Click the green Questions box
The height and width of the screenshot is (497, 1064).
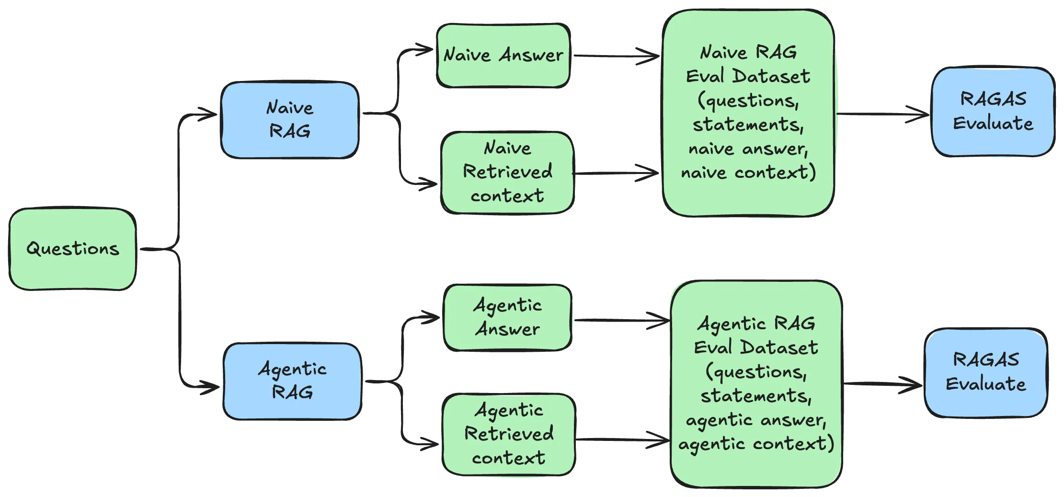72,249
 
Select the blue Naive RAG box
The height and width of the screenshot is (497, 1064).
290,119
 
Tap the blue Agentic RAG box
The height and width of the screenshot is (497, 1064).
292,381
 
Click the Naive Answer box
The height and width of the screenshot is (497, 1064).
503,55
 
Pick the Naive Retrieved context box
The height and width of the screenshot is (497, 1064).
507,172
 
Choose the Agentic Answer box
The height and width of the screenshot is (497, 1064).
507,317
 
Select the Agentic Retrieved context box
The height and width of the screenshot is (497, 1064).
509,434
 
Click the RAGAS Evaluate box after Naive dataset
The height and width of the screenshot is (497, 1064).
993,111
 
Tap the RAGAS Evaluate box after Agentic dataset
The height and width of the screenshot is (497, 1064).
985,372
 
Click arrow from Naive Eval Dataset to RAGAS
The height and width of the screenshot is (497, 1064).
881,115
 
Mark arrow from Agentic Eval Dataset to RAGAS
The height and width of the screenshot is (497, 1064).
881,384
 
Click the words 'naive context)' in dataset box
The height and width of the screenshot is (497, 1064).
748,172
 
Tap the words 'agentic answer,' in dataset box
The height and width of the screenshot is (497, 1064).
756,420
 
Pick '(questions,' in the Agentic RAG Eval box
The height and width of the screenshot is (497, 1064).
756,372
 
